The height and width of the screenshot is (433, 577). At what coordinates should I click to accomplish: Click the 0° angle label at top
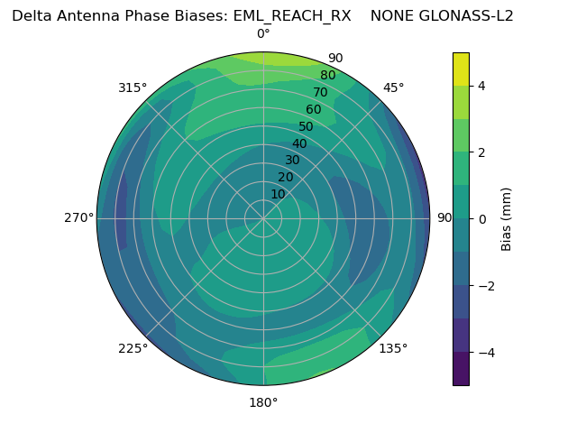click(263, 34)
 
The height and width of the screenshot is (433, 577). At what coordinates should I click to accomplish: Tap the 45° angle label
click(394, 88)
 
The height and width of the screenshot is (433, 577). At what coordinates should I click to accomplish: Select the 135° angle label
click(393, 348)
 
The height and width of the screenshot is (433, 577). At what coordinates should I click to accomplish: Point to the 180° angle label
click(263, 402)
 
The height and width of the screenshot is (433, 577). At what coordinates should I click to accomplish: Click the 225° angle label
click(133, 348)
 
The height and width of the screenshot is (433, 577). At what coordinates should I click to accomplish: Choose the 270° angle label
click(78, 218)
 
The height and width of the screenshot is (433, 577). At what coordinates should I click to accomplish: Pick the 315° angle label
click(133, 88)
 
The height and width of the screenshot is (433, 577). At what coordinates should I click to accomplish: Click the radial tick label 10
click(278, 194)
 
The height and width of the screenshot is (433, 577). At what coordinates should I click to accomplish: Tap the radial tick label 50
click(307, 126)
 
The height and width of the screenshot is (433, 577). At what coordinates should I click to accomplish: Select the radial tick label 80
click(328, 76)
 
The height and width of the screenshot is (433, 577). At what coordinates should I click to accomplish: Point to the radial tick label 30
click(292, 161)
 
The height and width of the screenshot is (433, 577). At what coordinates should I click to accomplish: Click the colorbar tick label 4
click(482, 86)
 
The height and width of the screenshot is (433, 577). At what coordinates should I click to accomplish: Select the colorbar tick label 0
click(482, 218)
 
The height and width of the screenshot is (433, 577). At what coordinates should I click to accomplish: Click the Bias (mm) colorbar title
click(507, 218)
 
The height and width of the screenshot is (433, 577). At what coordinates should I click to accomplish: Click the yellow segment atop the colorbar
click(461, 69)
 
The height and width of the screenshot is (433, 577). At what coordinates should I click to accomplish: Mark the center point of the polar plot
click(263, 218)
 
